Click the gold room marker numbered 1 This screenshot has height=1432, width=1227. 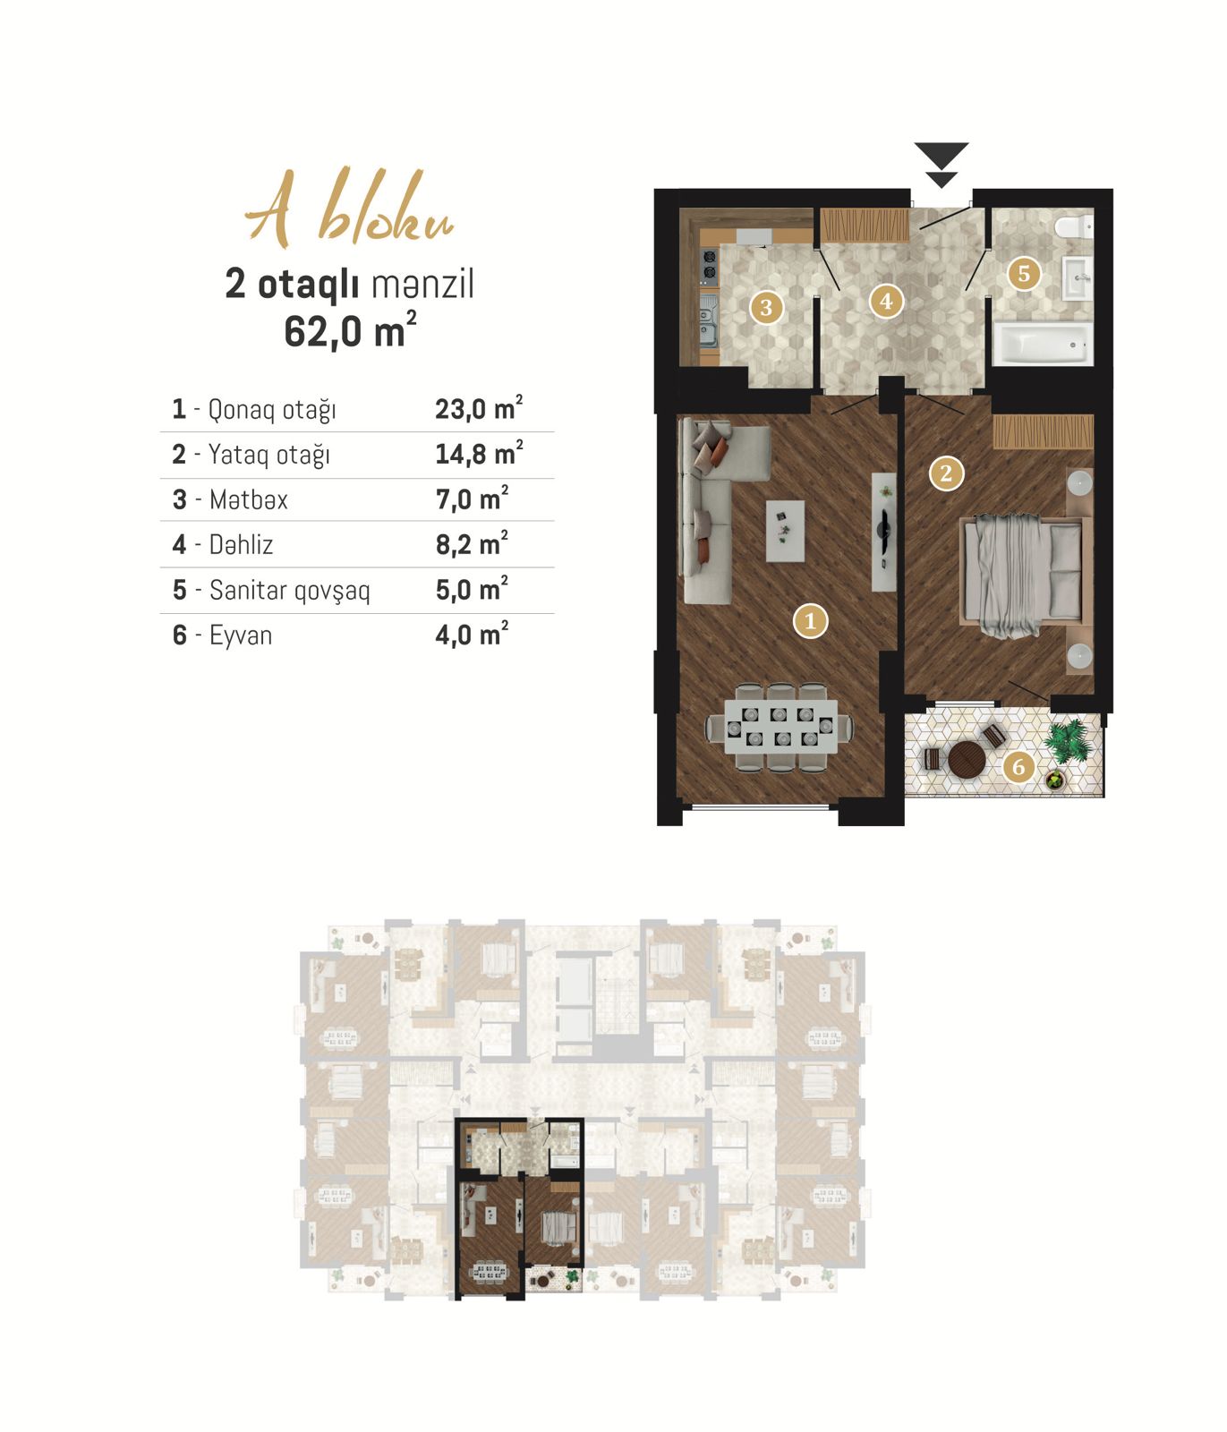pos(810,620)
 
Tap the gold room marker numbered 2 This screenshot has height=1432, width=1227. pos(946,473)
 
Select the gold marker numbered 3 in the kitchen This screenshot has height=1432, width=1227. pos(765,308)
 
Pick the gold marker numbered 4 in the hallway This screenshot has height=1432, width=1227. pos(886,301)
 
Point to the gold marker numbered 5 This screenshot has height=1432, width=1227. pos(1024,273)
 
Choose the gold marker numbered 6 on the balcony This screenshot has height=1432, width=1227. pos(1018,766)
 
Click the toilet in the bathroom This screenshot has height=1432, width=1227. pos(1073,226)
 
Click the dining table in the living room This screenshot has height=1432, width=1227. pos(779,727)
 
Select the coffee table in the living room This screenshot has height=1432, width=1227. pos(785,531)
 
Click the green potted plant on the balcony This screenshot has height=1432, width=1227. pos(1067,743)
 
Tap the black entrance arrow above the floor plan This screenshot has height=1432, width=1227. pos(942,165)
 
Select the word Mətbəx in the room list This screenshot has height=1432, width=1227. pos(248,499)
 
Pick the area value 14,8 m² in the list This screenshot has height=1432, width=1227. pos(479,453)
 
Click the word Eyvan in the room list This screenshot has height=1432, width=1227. pos(240,635)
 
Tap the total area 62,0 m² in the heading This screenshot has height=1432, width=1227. pos(350,330)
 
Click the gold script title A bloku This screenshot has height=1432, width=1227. pos(350,211)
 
